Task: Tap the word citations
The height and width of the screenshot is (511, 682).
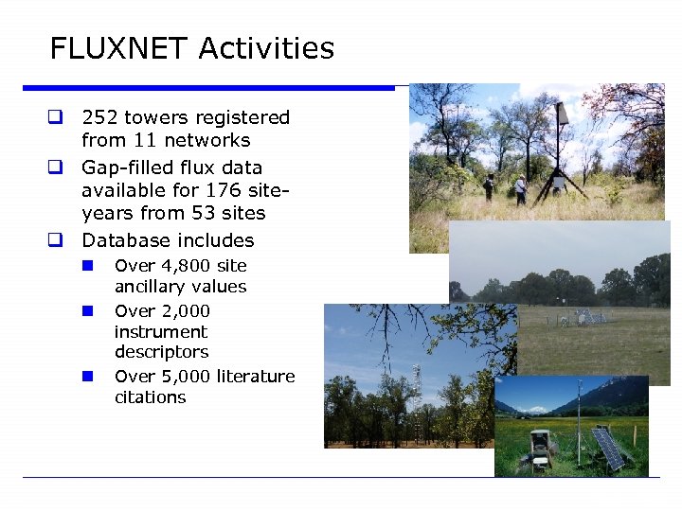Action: coord(150,397)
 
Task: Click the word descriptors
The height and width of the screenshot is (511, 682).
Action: coord(161,352)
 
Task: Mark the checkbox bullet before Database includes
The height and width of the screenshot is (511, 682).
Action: coord(56,240)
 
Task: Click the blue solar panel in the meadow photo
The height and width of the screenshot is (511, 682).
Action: coord(608,447)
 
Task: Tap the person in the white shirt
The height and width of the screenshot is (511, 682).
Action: coord(520,187)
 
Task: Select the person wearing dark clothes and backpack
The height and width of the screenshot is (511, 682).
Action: coord(489,185)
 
